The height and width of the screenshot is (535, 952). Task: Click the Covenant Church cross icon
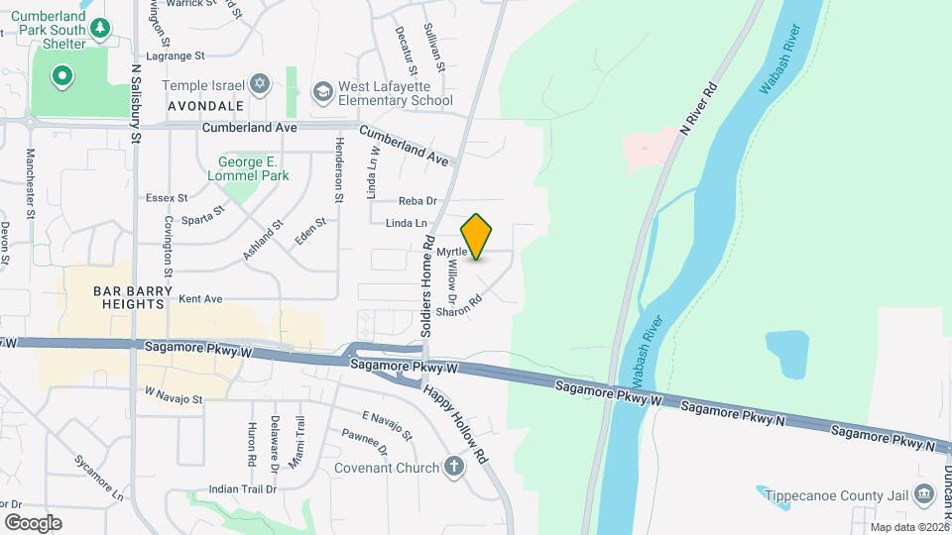pos(454,467)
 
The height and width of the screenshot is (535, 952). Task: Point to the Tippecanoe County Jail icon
pos(924,492)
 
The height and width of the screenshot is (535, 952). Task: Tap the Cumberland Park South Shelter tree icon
pos(99,29)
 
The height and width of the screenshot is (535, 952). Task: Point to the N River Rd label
pos(699,106)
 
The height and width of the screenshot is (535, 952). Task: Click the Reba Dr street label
pos(417,201)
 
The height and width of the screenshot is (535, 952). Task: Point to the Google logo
pos(33,522)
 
